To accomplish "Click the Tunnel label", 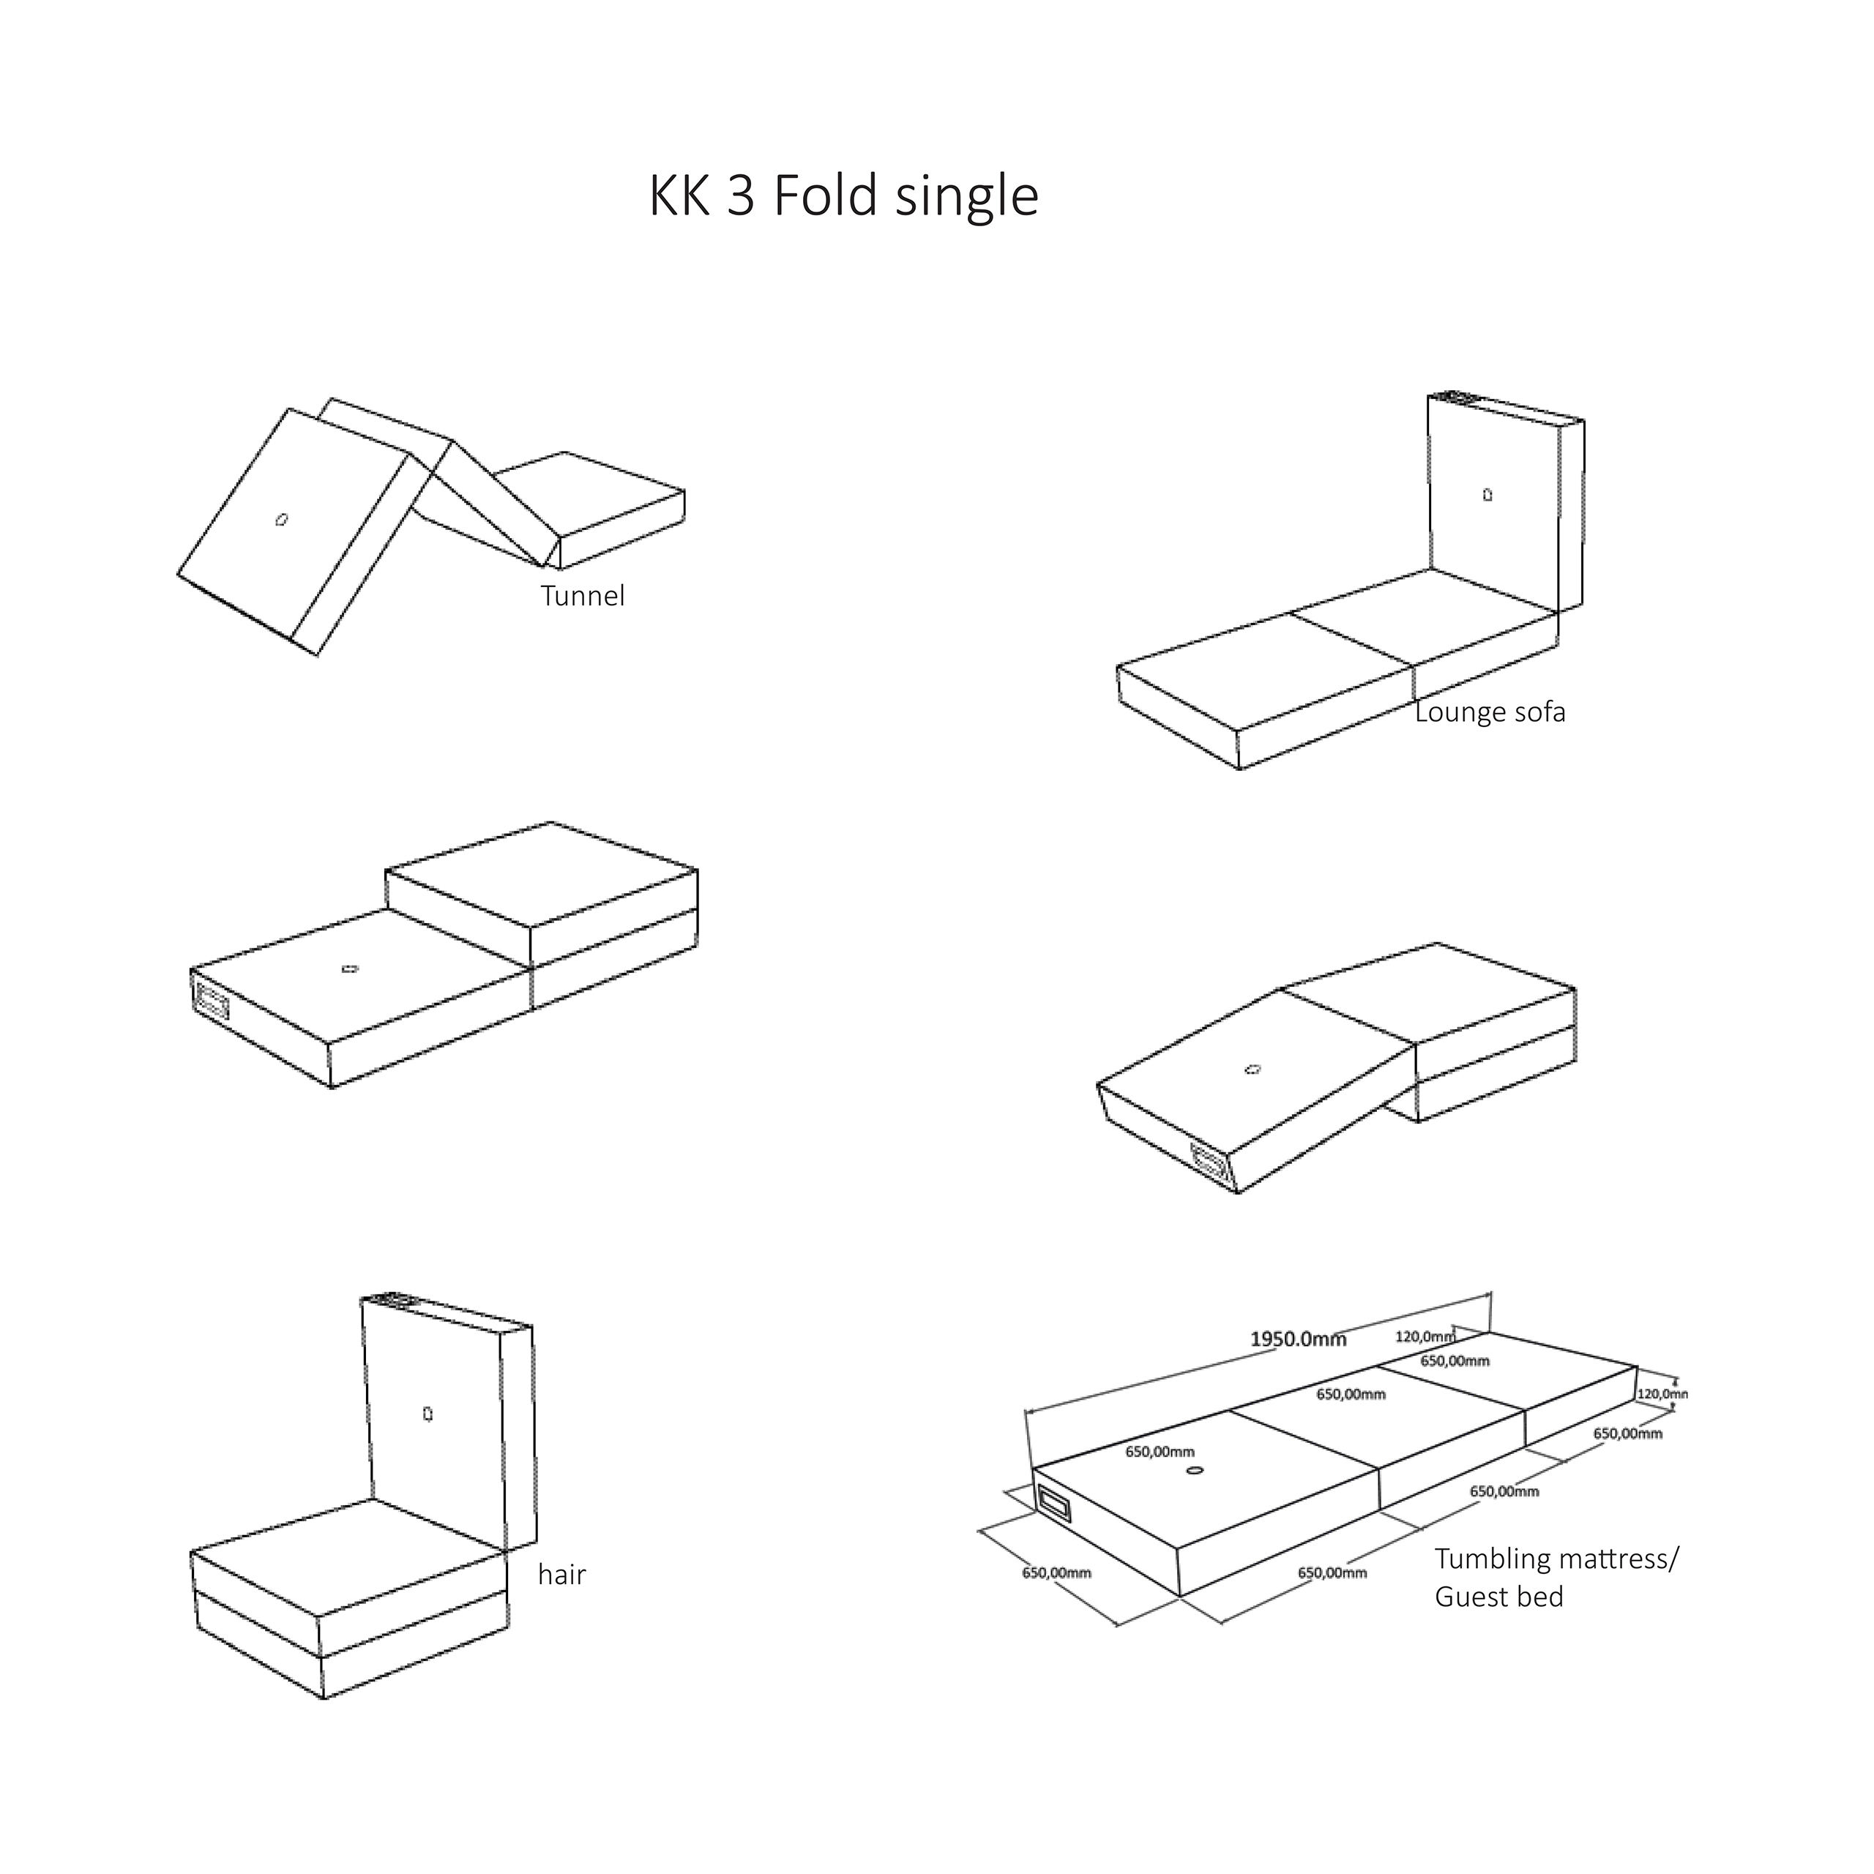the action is [x=583, y=596].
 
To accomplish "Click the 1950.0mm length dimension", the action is [x=1298, y=1340].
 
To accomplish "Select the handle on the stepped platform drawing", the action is [x=211, y=1000].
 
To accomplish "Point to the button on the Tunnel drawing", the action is [x=281, y=520].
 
